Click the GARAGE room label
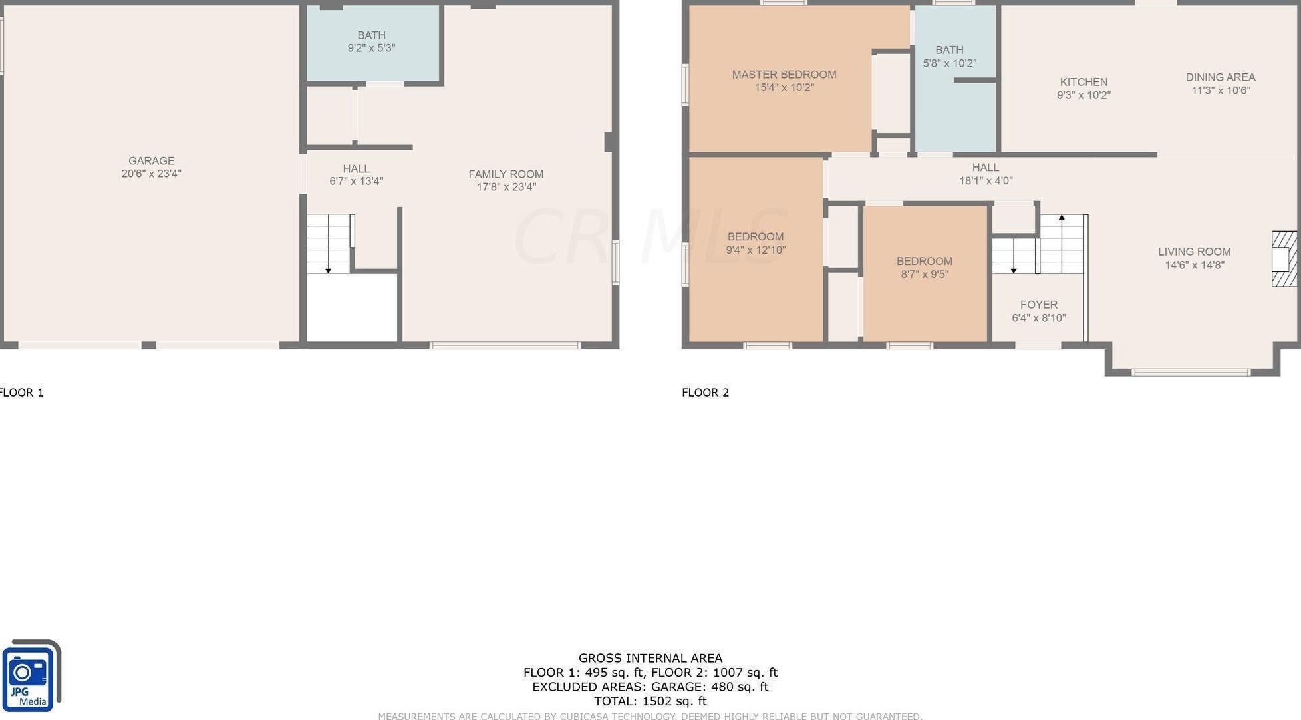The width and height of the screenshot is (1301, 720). (152, 161)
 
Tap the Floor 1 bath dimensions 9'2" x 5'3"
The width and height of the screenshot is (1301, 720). (371, 48)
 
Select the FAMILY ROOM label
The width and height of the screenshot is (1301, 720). (506, 174)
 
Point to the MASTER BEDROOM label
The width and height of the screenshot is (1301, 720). (784, 75)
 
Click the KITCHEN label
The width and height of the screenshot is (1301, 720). (1084, 82)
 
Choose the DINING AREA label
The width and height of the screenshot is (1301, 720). (1221, 77)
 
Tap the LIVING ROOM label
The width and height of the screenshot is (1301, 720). (1195, 252)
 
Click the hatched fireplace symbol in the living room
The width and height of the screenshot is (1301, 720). (1284, 259)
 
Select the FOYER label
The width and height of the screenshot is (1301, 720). (1039, 305)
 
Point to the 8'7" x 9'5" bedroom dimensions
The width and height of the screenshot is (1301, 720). (925, 274)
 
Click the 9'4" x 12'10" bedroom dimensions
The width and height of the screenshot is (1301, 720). (756, 250)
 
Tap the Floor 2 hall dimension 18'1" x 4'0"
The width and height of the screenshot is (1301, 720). (986, 180)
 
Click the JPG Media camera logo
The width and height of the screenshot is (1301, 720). (30, 676)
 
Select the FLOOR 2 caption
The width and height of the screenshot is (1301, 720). (705, 393)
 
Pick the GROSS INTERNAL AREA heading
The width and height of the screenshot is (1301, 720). (650, 658)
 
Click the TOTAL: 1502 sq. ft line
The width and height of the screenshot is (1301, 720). (650, 701)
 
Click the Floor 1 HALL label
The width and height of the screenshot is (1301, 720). (357, 169)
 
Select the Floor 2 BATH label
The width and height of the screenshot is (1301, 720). (949, 50)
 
